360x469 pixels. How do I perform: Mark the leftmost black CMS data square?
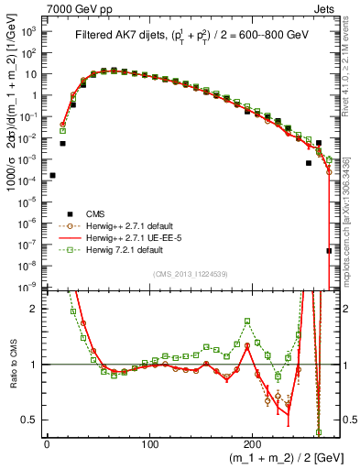(52, 175)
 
